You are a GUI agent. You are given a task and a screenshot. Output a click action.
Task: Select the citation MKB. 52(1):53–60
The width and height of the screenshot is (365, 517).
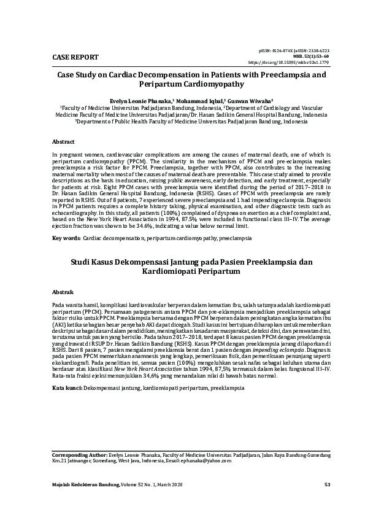tap(294, 56)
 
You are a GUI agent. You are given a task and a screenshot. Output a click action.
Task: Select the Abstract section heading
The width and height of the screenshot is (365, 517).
tap(64, 141)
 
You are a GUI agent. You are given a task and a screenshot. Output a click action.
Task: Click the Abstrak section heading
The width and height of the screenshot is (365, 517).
tap(63, 292)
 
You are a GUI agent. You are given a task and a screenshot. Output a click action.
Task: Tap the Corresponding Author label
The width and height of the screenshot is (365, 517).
tap(79, 455)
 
